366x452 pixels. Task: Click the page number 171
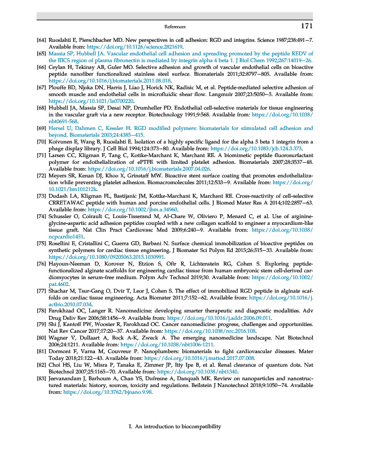pos(306,26)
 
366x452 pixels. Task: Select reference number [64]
pos(41,40)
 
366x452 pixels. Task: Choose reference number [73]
pos(41,180)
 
